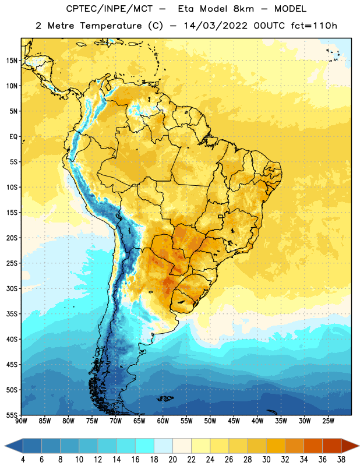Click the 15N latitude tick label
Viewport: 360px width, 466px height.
[x=12, y=61]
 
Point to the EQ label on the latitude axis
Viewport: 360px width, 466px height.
[x=13, y=137]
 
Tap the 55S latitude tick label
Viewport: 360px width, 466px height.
[x=12, y=415]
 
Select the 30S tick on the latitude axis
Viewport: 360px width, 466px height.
[x=12, y=288]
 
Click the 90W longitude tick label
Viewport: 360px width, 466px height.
[x=21, y=421]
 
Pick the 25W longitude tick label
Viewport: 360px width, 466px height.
[x=328, y=421]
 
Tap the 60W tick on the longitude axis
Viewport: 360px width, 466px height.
[x=163, y=421]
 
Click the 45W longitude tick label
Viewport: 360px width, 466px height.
[x=234, y=421]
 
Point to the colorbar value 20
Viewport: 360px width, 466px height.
[x=172, y=460]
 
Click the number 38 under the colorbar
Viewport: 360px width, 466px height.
[x=341, y=460]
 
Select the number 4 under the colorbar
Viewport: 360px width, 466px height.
[x=23, y=460]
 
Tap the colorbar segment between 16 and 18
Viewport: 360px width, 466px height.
[x=145, y=446]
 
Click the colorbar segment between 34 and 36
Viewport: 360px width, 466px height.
[x=313, y=446]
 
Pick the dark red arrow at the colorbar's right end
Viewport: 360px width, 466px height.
[x=350, y=446]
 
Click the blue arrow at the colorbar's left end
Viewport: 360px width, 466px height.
[x=14, y=446]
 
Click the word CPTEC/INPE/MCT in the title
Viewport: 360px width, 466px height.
[x=110, y=9]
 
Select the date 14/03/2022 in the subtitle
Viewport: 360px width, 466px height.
[x=216, y=26]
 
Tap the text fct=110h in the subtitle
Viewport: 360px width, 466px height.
[x=314, y=26]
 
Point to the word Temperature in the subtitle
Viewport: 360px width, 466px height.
[x=111, y=26]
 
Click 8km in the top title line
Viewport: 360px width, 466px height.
[x=243, y=9]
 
